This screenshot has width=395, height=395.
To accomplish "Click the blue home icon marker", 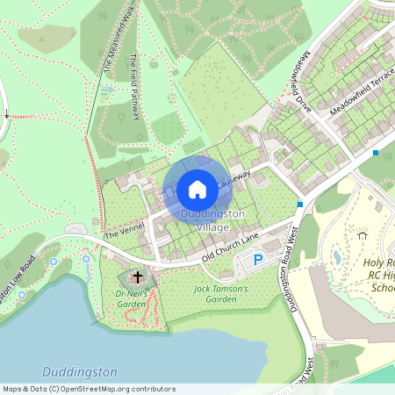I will [x=197, y=189].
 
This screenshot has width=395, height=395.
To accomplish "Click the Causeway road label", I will [x=234, y=179].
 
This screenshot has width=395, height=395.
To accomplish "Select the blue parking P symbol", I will [x=258, y=259].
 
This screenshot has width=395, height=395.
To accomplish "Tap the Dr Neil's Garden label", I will [x=129, y=299].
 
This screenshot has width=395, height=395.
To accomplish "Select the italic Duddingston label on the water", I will [x=81, y=372].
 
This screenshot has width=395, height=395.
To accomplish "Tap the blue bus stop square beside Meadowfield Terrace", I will [x=376, y=153].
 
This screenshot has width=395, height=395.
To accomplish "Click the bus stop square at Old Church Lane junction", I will [x=300, y=205].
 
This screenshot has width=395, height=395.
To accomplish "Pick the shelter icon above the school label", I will [x=362, y=233].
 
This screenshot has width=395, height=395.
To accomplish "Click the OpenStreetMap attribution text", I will [x=90, y=389].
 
